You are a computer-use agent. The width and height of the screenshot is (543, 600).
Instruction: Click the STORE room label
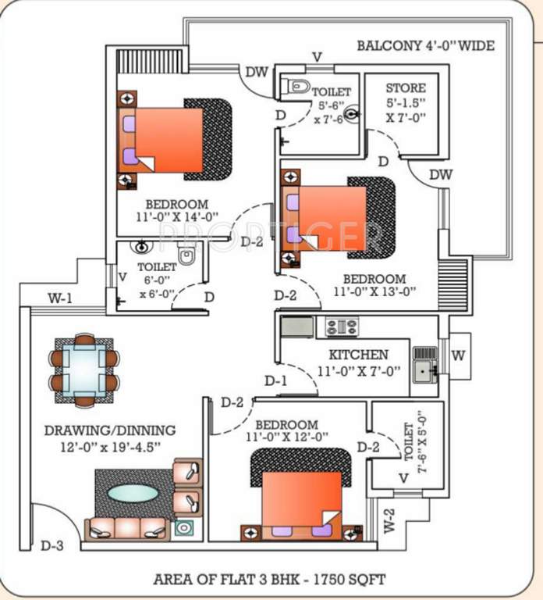coord(406,88)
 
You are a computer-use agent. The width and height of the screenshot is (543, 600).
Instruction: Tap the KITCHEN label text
coord(358,355)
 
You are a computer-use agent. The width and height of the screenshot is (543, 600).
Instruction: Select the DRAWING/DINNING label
coord(110,430)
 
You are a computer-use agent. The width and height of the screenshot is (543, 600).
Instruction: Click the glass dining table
coord(84,370)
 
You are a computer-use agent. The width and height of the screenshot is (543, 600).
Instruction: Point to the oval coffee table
coord(133,493)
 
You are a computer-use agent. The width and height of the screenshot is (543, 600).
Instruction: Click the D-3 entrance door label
coord(52,545)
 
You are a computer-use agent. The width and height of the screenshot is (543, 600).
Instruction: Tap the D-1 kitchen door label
coord(276,381)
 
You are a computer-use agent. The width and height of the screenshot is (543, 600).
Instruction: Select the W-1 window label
coord(60,298)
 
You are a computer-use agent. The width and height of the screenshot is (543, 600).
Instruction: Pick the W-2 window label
coord(389,521)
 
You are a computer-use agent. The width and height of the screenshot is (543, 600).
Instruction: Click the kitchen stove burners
coord(342,327)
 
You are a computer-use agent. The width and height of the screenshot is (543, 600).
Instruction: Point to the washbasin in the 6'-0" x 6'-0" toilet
coord(140,247)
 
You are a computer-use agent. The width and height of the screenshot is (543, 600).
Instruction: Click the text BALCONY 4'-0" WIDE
coord(426,46)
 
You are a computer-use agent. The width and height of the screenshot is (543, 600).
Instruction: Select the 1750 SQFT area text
coord(350,579)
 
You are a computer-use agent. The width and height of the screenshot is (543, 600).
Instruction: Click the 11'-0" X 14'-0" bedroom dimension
coord(177,217)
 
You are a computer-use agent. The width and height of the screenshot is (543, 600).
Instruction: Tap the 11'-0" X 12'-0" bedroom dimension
coord(287,437)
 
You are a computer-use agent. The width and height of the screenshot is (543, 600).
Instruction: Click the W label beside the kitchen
coord(458,355)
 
